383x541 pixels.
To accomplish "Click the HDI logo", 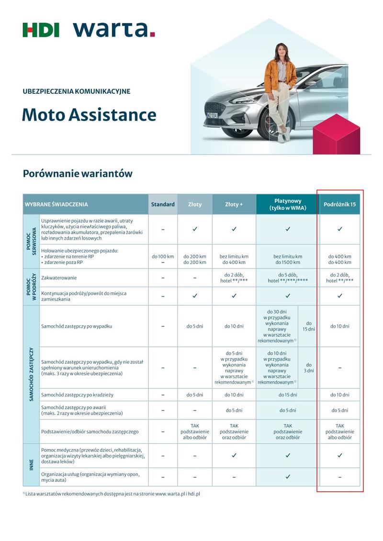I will [41, 30].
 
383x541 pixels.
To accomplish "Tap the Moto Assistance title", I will [89, 115].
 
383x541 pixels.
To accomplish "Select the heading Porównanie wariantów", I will [78, 174].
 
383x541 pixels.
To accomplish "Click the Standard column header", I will [163, 204].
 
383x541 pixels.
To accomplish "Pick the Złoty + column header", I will [234, 204].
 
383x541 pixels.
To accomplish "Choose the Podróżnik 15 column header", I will [340, 204].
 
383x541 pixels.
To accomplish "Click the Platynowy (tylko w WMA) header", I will [288, 204].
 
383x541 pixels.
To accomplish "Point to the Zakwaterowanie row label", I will [59, 278].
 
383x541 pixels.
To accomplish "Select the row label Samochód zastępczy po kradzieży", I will [78, 395].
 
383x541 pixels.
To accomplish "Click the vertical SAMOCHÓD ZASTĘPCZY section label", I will [32, 375].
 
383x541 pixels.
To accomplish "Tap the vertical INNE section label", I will [32, 464].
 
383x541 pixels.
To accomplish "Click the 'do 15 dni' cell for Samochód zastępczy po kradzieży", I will [288, 395].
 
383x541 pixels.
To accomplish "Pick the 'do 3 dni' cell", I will [308, 367].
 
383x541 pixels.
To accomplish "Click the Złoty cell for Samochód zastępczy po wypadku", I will [195, 326].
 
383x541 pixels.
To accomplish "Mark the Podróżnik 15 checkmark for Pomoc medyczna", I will [340, 456].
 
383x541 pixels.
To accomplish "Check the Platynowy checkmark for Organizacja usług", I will [288, 477].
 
